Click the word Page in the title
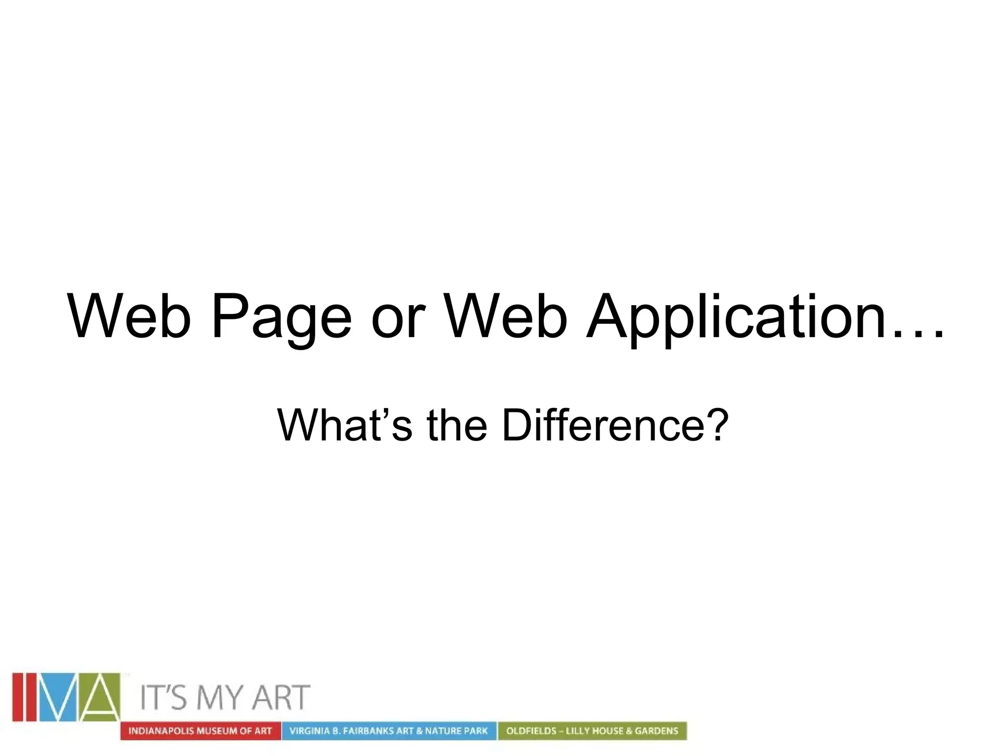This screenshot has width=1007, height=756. pos(281,317)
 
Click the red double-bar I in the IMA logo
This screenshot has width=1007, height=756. pos(25,696)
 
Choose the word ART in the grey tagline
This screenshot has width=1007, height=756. pos(281,697)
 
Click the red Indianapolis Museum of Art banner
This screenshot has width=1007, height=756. pos(200,731)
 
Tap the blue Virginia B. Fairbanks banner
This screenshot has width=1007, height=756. pos(388,731)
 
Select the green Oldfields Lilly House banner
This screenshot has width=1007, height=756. pos(592,731)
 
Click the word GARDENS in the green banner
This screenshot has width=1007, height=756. pos(656,731)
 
